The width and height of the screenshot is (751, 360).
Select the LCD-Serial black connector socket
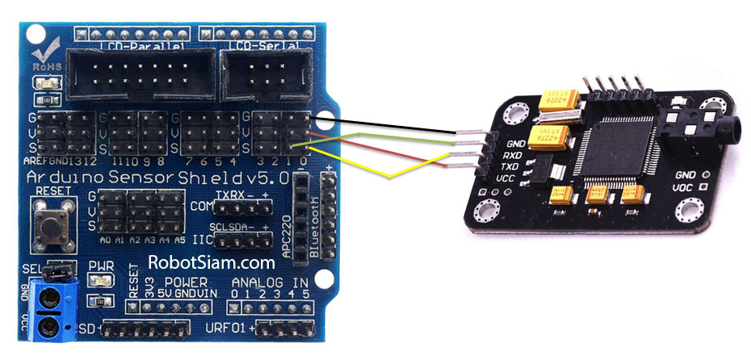(264, 75)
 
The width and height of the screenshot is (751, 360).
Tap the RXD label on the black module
(514, 155)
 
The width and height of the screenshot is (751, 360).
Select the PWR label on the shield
(100, 266)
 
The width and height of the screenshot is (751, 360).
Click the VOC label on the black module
(685, 188)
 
